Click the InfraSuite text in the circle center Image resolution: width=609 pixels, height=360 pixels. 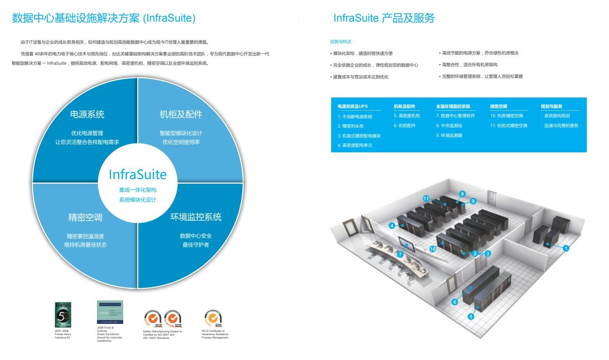[138, 174]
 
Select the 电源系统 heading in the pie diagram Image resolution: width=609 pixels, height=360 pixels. [87, 114]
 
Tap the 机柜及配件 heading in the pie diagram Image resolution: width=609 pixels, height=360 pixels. [181, 114]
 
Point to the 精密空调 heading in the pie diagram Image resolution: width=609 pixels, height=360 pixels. [85, 217]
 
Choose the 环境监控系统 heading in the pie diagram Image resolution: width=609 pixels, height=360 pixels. [195, 217]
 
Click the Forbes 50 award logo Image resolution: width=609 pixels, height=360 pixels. [63, 315]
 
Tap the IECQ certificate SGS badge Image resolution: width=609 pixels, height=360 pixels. [213, 318]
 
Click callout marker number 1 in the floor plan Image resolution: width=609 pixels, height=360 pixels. [566, 248]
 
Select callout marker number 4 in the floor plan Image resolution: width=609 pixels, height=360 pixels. [392, 225]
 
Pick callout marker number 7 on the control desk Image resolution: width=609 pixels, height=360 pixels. [400, 254]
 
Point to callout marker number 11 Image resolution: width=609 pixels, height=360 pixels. [426, 199]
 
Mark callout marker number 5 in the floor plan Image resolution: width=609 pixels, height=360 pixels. [471, 316]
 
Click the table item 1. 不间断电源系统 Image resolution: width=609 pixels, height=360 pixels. [355, 117]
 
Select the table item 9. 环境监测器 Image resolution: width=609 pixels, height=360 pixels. [449, 135]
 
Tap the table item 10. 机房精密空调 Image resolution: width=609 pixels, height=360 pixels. [506, 116]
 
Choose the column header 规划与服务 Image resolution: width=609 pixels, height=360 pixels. [551, 106]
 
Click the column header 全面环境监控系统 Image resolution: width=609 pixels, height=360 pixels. [453, 106]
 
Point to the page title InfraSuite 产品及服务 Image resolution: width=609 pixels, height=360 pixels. [384, 18]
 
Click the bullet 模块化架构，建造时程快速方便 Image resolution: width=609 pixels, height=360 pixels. [363, 53]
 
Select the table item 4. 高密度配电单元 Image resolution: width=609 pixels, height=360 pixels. [355, 145]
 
